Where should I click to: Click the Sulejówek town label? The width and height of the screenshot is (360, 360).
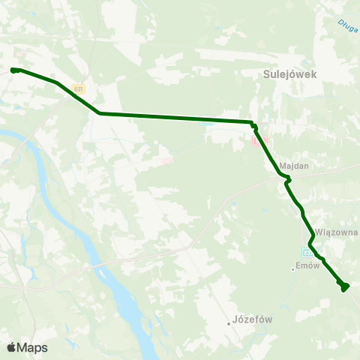coord(291,74)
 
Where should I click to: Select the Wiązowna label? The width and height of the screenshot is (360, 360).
coord(337,232)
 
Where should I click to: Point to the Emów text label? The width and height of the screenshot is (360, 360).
coord(308,265)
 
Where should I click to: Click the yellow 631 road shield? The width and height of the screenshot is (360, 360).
coord(79,88)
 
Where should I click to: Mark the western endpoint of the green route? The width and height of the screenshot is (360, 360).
coord(14,70)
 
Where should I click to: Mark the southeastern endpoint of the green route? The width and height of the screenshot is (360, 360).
coord(343,286)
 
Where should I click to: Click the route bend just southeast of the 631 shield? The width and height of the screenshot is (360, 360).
coord(100,113)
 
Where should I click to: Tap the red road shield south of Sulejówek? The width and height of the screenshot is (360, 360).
coord(259,140)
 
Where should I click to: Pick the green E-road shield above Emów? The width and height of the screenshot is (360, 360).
coord(308,251)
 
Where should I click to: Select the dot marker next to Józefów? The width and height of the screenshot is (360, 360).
coord(229,323)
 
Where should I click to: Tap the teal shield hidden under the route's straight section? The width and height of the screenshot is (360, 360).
coord(208,118)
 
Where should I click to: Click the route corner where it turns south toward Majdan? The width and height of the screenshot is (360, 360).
coord(253,124)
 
